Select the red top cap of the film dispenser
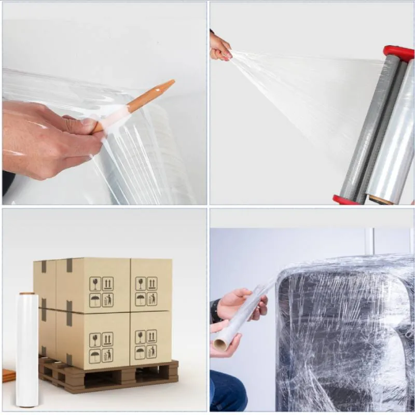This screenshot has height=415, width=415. pyautogui.click(x=398, y=52)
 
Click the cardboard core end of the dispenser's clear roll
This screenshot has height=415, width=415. pyautogui.click(x=381, y=200)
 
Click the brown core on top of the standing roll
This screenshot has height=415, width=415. pyautogui.click(x=27, y=295)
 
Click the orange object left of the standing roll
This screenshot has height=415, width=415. pyautogui.click(x=8, y=375)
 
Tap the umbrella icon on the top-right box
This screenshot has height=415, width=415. pyautogui.click(x=141, y=299)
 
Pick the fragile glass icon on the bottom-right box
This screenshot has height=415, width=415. pyautogui.click(x=140, y=338)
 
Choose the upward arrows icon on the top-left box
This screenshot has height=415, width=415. pyautogui.click(x=107, y=283)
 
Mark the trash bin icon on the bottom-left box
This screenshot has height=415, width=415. pyautogui.click(x=107, y=355)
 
